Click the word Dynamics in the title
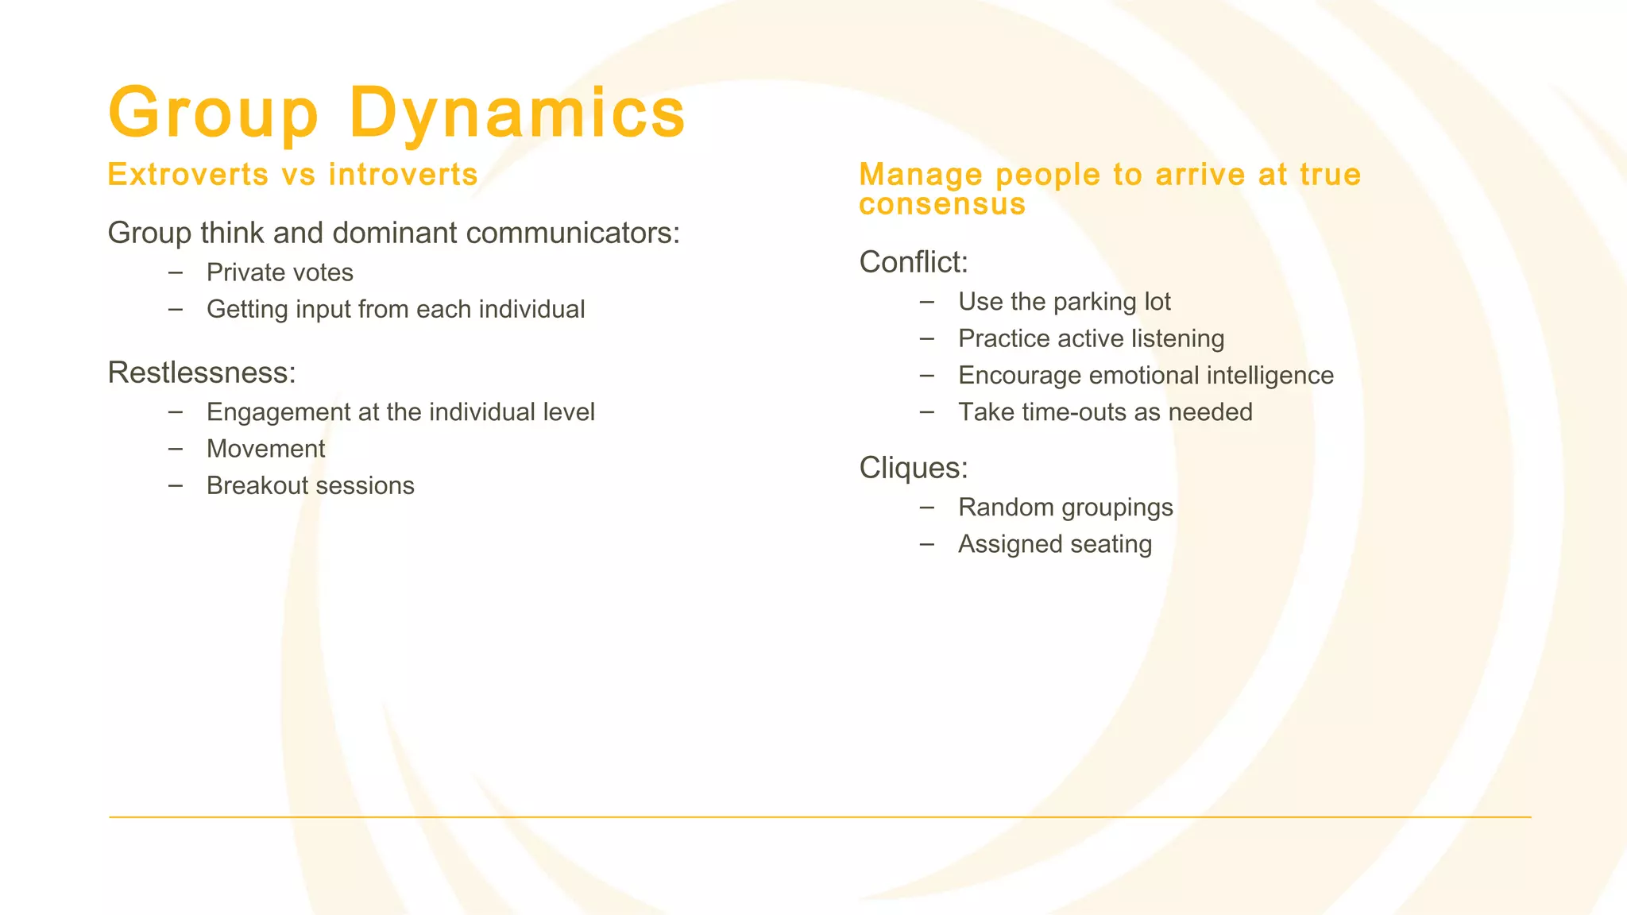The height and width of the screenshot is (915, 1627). click(x=516, y=113)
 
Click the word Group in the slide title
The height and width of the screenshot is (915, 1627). click(x=214, y=113)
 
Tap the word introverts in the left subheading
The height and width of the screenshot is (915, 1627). click(x=403, y=175)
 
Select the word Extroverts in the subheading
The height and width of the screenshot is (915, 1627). click(x=188, y=175)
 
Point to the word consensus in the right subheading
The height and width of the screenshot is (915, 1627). click(x=942, y=204)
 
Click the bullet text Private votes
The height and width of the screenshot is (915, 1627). click(x=280, y=272)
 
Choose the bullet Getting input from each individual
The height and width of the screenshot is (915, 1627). click(x=396, y=309)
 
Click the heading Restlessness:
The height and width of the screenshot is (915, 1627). click(x=202, y=373)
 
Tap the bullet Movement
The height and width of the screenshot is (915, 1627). click(x=265, y=449)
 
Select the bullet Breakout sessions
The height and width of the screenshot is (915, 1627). click(x=310, y=485)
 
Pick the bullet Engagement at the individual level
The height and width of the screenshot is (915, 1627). click(x=400, y=412)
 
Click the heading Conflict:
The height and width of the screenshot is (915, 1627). click(x=914, y=262)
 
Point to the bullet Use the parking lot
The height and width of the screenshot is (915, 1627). click(x=1065, y=302)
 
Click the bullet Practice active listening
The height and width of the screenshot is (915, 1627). click(x=1091, y=338)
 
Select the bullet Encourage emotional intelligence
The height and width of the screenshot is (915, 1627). click(x=1146, y=375)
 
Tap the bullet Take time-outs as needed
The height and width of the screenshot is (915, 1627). click(x=1105, y=412)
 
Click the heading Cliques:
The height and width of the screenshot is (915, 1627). click(x=914, y=468)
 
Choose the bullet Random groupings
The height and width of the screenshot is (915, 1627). click(x=1065, y=507)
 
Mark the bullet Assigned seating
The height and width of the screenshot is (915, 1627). click(x=1055, y=544)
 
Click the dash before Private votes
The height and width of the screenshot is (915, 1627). click(x=176, y=272)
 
